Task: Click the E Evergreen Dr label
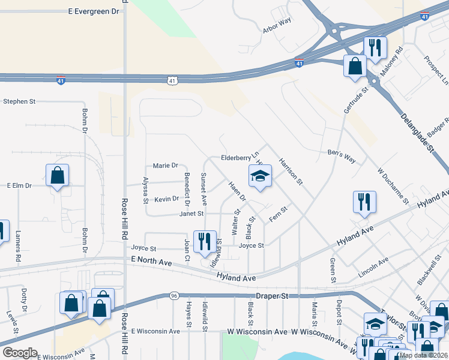(x=94, y=11)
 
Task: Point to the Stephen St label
(x=19, y=101)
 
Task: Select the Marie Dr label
(x=166, y=166)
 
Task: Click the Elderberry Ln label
(x=239, y=158)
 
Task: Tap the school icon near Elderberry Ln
(x=261, y=176)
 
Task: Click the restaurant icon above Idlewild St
(x=205, y=241)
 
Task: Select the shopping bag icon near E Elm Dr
(x=58, y=176)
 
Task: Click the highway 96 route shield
(x=173, y=296)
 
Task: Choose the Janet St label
(x=192, y=214)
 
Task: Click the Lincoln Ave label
(x=373, y=266)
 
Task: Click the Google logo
(x=19, y=353)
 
